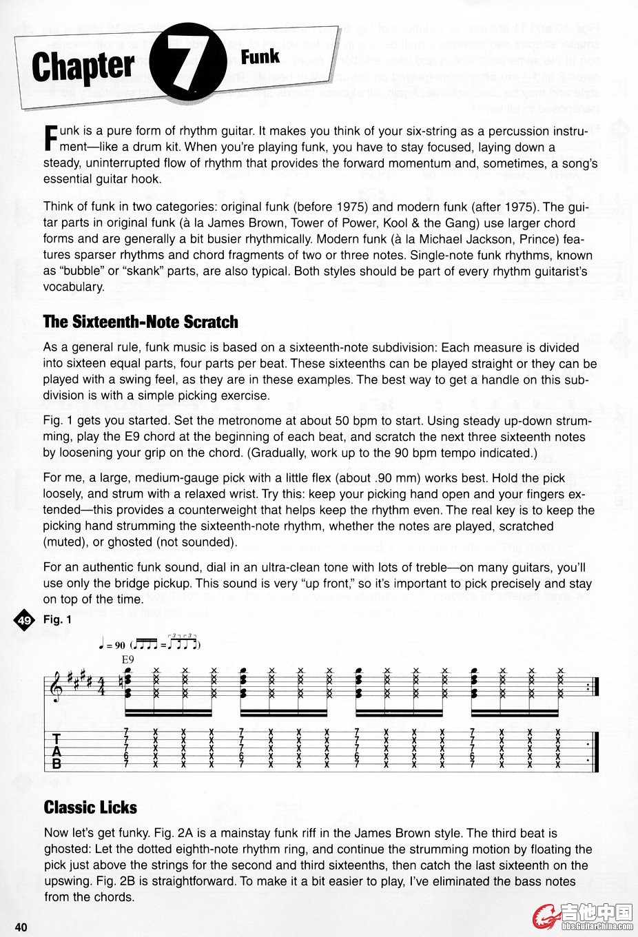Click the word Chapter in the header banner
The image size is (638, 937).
click(83, 68)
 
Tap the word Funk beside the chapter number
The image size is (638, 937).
click(260, 56)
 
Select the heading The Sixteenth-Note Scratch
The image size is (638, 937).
click(141, 322)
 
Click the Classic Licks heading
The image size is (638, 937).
click(90, 807)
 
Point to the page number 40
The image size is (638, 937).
click(21, 927)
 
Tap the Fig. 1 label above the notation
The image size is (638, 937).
click(57, 619)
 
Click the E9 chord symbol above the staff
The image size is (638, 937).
click(127, 659)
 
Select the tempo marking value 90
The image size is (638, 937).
click(120, 646)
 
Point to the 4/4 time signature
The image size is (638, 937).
click(100, 687)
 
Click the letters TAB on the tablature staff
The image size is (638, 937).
click(57, 751)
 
